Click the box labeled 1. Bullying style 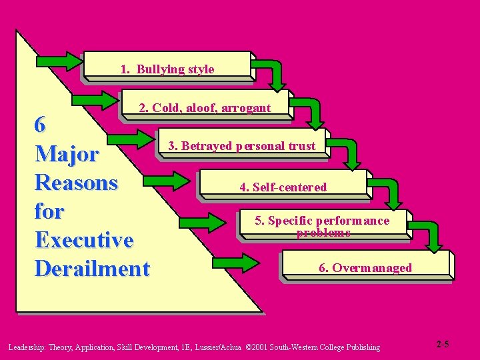167,69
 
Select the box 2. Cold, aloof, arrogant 205,107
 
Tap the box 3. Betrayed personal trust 241,145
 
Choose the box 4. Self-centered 283,187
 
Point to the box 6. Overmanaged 365,267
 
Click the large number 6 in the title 41,125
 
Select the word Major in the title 67,154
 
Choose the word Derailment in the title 92,269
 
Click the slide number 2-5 443,344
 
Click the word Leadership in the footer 26,347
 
